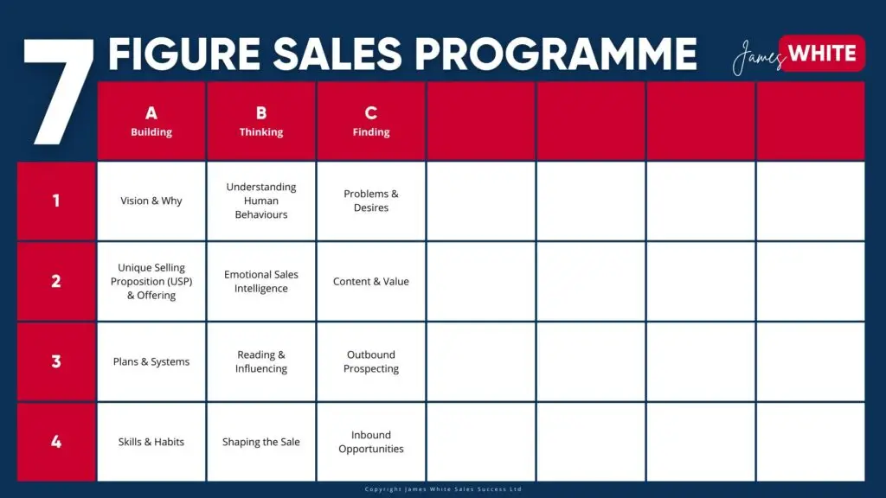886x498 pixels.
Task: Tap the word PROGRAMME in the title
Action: pos(556,54)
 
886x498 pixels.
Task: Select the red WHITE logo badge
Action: pos(822,54)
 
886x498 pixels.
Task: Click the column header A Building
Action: pos(151,121)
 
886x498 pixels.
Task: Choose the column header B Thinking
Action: pos(261,121)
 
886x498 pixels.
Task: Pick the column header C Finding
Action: pos(370,121)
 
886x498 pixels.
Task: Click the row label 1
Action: pos(56,201)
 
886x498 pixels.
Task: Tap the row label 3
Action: pos(56,361)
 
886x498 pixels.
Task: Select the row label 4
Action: pos(56,442)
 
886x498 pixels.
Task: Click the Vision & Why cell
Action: pos(151,201)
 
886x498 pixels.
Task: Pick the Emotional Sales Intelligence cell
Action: pos(261,281)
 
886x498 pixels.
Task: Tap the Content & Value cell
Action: pos(370,281)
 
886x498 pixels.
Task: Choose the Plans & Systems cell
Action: pos(151,361)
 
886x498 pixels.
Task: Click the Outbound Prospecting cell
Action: pos(370,361)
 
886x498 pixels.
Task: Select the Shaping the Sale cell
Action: pos(261,442)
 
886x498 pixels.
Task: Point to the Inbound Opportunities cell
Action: pos(370,442)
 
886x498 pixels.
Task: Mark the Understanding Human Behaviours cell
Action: pos(261,201)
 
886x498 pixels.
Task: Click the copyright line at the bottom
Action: pos(443,489)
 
